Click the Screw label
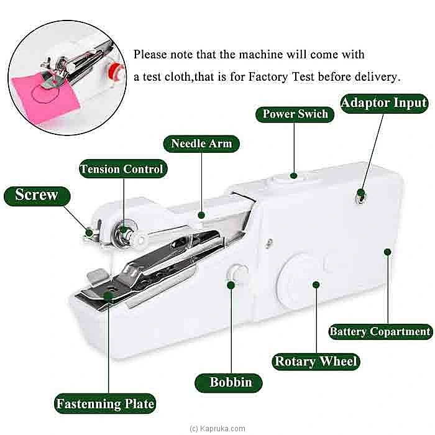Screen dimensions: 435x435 tap(37, 195)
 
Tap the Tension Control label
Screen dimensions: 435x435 tap(122, 169)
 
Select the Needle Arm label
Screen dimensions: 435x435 tap(201, 144)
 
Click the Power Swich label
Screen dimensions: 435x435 tap(295, 114)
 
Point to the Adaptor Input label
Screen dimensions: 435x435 tap(384, 103)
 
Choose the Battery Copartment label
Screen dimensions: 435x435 tap(380, 331)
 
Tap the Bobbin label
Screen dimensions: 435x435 tap(231, 382)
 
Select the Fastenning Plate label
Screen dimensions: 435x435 tap(105, 404)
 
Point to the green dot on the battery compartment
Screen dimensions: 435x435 tap(387, 252)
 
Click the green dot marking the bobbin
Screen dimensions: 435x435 tap(231, 285)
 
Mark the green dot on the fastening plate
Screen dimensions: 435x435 tap(108, 297)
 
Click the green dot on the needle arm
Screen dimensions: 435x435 tap(201, 215)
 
